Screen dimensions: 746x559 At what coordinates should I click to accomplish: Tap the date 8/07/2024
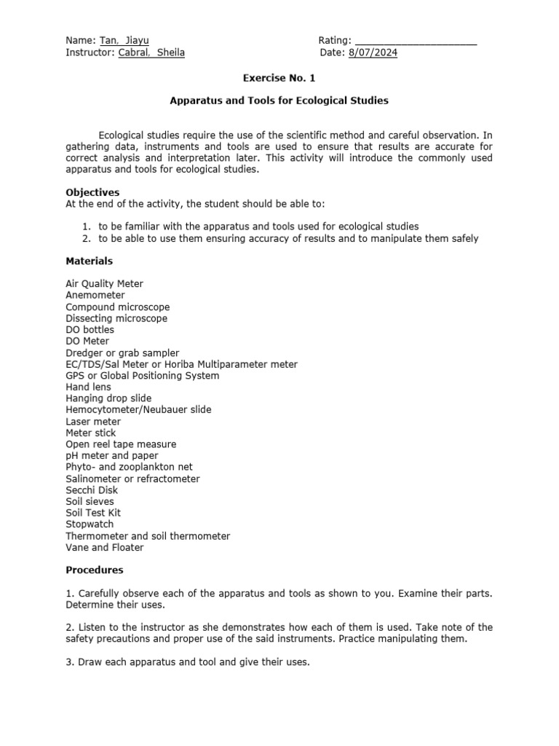[373, 52]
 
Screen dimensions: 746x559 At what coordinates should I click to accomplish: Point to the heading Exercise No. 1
[279, 77]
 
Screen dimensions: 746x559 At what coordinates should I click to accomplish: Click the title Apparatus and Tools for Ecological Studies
[279, 101]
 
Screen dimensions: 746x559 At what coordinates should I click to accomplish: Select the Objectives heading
[92, 192]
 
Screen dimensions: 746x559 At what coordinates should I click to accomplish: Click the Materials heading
[90, 261]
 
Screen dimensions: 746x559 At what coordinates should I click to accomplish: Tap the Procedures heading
[95, 570]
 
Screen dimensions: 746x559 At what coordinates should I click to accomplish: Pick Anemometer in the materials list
[95, 295]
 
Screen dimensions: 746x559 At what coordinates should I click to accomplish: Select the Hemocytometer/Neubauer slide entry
[138, 409]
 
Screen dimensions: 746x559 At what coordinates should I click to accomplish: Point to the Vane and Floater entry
[105, 547]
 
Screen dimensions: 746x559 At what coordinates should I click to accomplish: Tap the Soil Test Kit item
[92, 513]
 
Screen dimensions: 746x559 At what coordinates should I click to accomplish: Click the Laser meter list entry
[93, 421]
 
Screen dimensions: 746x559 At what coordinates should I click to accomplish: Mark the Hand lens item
[90, 387]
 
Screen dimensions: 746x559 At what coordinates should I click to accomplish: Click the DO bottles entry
[90, 329]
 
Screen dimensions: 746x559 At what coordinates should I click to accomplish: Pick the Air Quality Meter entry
[104, 284]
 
